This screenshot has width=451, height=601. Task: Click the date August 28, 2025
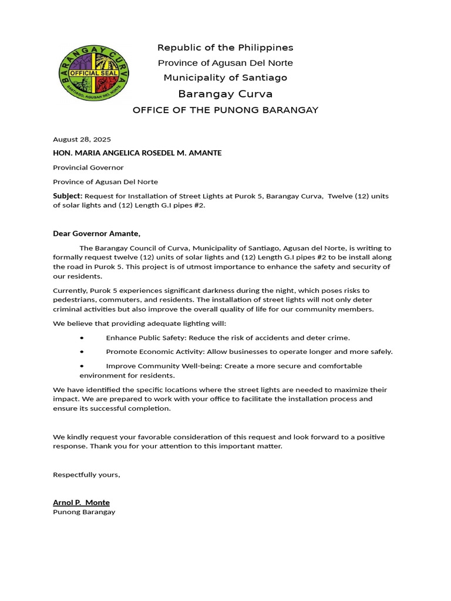pos(82,139)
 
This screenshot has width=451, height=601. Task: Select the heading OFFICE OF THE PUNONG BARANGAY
pos(225,110)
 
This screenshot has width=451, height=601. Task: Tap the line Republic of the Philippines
pos(225,48)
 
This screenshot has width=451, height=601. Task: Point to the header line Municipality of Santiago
pos(225,77)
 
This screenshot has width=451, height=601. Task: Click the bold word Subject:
pos(68,195)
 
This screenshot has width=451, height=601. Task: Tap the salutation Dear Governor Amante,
pos(97,233)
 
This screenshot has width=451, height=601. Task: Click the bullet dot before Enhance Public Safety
pos(82,337)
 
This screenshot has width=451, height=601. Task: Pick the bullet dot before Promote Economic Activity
pos(82,352)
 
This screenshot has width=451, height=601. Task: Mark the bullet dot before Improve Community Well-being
pos(82,366)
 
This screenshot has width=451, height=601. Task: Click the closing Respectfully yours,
pos(86,474)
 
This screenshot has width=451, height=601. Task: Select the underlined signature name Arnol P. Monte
pos(81,502)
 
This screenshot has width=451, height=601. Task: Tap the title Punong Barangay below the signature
pos(84,512)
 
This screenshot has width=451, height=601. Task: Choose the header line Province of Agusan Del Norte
pos(225,63)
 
